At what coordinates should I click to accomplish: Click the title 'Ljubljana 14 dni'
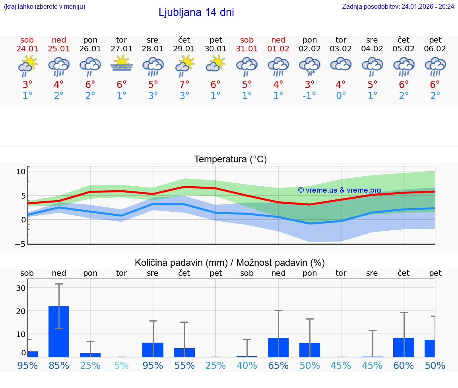click(x=196, y=12)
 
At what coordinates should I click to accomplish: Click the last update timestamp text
click(x=398, y=6)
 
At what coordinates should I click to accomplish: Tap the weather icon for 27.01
click(x=122, y=64)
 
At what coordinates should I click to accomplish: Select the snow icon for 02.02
click(x=310, y=66)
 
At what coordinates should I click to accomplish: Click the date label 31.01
click(x=247, y=49)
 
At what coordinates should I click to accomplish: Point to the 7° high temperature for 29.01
click(x=184, y=84)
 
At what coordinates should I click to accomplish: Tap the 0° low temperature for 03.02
click(x=341, y=96)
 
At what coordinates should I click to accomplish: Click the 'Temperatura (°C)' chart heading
click(x=230, y=160)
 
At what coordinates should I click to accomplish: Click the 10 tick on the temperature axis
click(x=21, y=172)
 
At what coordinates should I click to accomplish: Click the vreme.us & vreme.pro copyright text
click(x=340, y=190)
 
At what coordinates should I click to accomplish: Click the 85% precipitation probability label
click(x=59, y=365)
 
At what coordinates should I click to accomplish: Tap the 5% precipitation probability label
click(x=122, y=365)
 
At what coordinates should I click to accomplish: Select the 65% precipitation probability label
click(x=278, y=365)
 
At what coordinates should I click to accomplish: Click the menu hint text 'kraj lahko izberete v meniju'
click(x=45, y=6)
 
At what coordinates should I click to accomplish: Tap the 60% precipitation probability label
click(x=404, y=365)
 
